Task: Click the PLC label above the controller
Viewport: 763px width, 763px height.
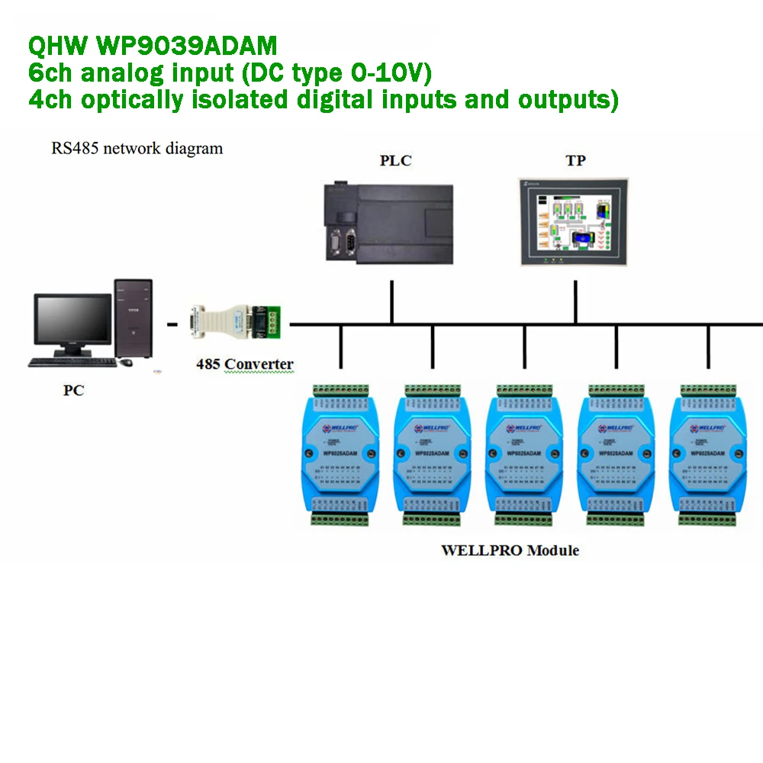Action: (x=395, y=161)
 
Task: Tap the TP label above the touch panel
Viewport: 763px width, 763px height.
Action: (x=575, y=161)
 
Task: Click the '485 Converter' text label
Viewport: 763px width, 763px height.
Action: (x=244, y=364)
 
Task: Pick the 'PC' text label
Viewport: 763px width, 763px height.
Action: (x=73, y=391)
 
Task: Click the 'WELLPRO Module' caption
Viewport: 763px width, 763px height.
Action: (x=510, y=550)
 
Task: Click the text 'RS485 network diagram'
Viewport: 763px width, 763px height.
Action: (x=137, y=148)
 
